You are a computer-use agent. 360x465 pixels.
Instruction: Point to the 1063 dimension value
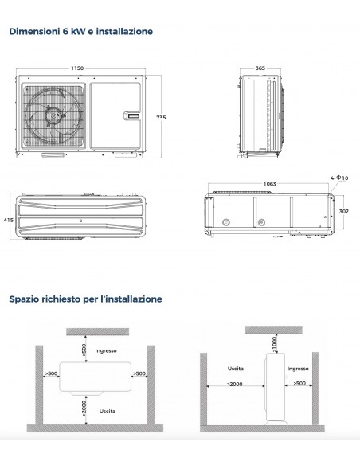269,184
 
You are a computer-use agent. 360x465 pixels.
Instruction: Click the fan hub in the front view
53,115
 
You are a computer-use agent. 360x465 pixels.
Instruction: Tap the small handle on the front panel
131,117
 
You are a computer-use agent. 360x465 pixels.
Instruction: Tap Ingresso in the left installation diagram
106,350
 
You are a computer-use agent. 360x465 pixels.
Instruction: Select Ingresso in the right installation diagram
297,369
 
